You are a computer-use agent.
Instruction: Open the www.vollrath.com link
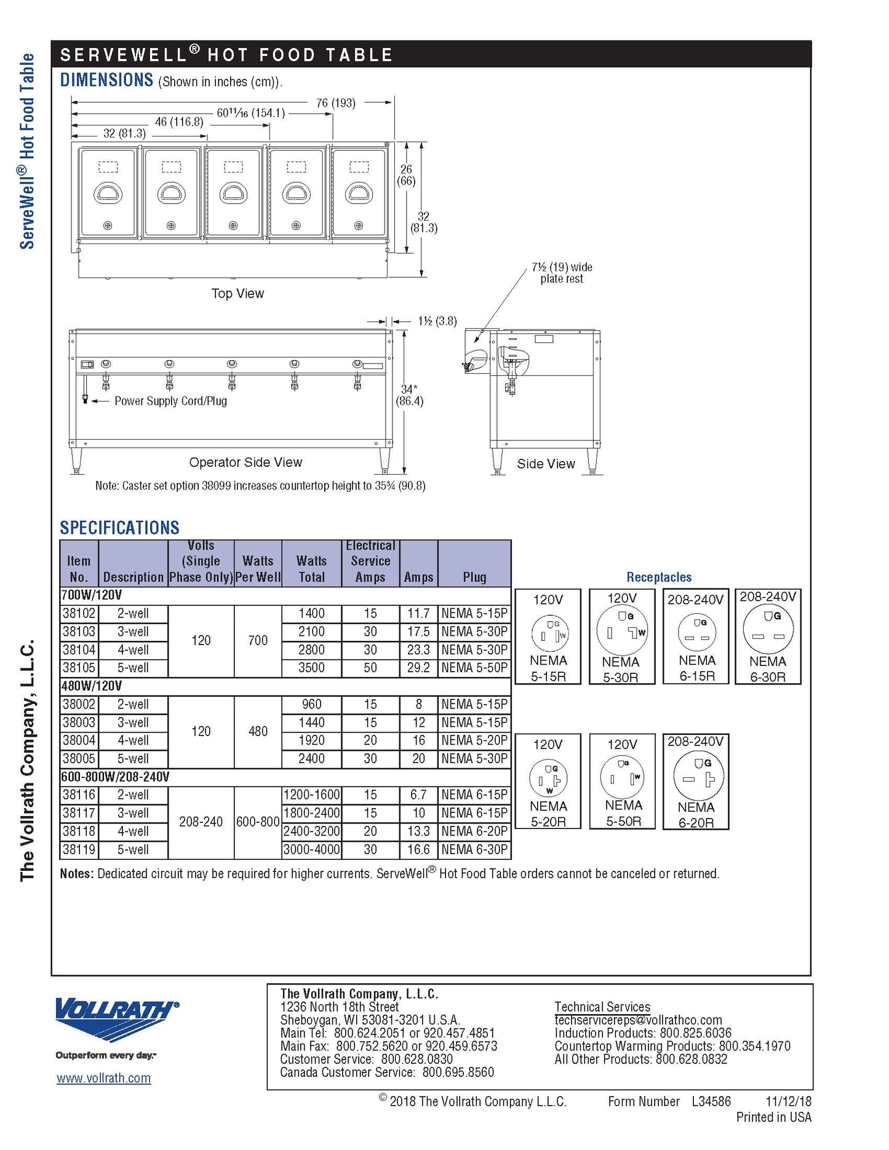(x=103, y=1078)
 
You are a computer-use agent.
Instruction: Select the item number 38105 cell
(x=79, y=668)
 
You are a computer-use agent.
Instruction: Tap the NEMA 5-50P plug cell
(x=474, y=668)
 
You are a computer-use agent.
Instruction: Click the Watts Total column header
(x=311, y=569)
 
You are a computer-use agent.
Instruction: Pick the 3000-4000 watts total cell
(x=311, y=850)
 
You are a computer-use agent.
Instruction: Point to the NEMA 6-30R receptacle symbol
(x=768, y=632)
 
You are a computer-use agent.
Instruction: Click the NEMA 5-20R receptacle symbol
(x=548, y=778)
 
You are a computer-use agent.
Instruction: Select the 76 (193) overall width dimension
(x=335, y=103)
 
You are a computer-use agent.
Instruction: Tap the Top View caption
(x=237, y=294)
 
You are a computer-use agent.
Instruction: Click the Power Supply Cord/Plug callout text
(x=170, y=401)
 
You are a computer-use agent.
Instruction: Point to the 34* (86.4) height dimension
(x=409, y=395)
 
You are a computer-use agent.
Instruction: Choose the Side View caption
(x=546, y=464)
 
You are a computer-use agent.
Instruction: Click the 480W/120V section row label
(x=92, y=686)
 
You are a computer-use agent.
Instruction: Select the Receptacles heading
(x=659, y=577)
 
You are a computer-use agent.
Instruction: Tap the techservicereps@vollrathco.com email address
(x=638, y=1020)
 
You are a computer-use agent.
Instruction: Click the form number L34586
(x=711, y=1101)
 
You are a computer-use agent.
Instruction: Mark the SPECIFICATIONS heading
(x=119, y=528)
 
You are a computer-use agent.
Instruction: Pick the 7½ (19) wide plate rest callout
(x=562, y=272)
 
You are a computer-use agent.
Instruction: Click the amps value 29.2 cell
(x=418, y=668)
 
